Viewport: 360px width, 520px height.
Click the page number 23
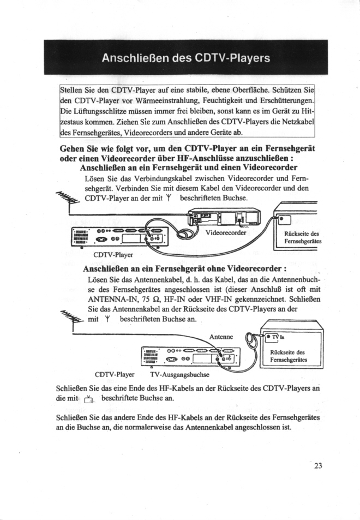click(319, 465)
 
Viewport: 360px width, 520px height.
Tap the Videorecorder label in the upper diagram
click(226, 232)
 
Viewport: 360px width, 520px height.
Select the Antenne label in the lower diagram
click(221, 336)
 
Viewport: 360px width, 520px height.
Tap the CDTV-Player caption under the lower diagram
click(115, 375)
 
